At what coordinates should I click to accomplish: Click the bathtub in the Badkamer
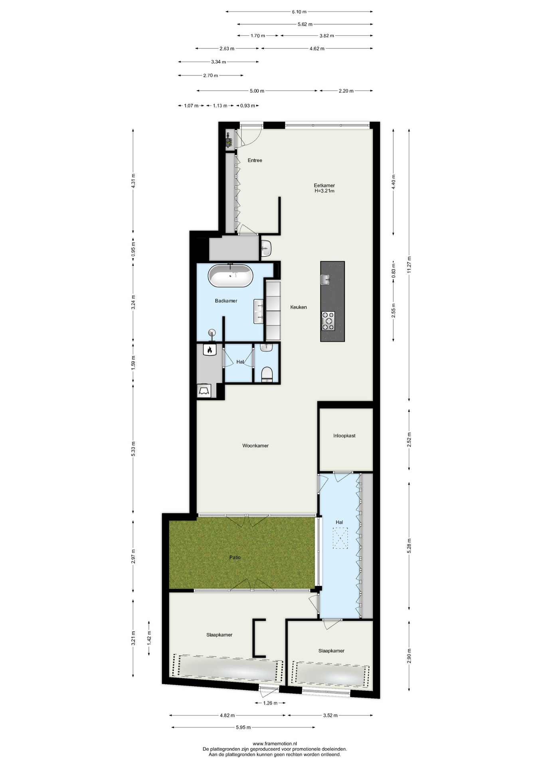click(230, 276)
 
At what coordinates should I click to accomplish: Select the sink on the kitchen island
click(326, 280)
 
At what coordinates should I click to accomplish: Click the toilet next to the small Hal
click(267, 375)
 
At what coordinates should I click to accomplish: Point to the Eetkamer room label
click(324, 185)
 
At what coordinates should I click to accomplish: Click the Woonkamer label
click(255, 445)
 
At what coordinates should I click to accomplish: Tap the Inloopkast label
click(344, 436)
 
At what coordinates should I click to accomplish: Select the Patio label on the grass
click(235, 557)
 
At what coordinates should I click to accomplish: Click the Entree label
click(255, 160)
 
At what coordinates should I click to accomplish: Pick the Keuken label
click(299, 307)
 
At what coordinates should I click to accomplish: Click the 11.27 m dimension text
click(409, 264)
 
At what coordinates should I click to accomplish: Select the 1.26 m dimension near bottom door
click(270, 703)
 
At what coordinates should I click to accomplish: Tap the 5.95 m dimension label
click(243, 727)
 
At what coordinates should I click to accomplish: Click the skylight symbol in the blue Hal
click(340, 538)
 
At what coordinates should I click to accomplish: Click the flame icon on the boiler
click(210, 350)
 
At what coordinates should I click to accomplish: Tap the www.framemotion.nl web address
click(275, 743)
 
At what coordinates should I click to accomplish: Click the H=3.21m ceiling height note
click(324, 191)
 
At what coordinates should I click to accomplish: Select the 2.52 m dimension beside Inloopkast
click(409, 439)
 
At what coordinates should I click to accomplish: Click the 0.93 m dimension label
click(247, 106)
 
